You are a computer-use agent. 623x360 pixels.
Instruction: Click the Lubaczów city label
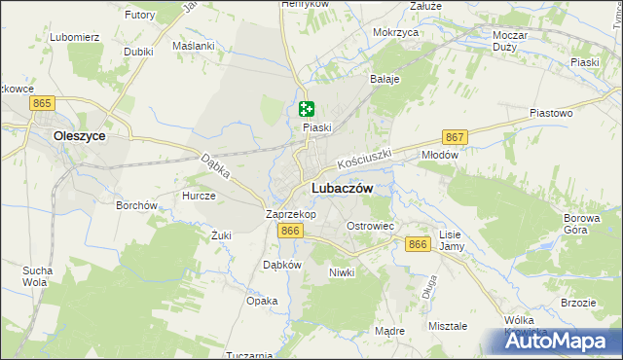point(341,189)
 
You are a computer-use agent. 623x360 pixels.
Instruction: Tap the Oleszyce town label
point(80,136)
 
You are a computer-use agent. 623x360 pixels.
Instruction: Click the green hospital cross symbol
point(307,110)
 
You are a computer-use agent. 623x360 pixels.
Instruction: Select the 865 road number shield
point(41,102)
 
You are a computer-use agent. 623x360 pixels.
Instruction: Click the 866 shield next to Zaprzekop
point(289,231)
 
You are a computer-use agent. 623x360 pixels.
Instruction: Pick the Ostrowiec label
point(370,226)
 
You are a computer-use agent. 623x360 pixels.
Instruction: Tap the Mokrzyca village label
point(395,32)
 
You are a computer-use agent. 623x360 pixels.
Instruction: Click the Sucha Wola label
point(37,276)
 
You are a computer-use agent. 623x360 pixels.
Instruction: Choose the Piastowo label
point(550,113)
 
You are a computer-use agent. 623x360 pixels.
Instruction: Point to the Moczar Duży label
point(510,40)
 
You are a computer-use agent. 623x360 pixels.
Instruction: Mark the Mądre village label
point(389,331)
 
